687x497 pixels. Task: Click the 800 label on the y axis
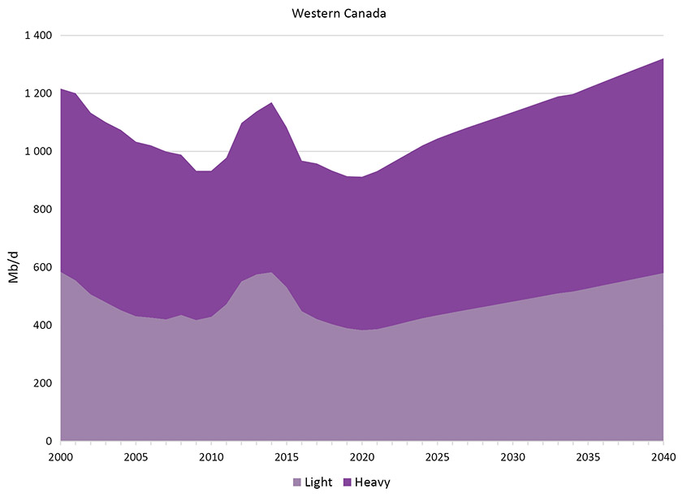coord(42,210)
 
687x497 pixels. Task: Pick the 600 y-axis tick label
coord(42,267)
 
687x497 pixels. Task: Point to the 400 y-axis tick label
coord(42,326)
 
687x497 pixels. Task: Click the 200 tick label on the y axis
coord(42,383)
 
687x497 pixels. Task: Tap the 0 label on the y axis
coord(49,442)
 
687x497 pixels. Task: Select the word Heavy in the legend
coord(373,482)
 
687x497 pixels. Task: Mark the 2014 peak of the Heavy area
coord(271,103)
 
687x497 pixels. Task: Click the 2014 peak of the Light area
coord(271,273)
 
